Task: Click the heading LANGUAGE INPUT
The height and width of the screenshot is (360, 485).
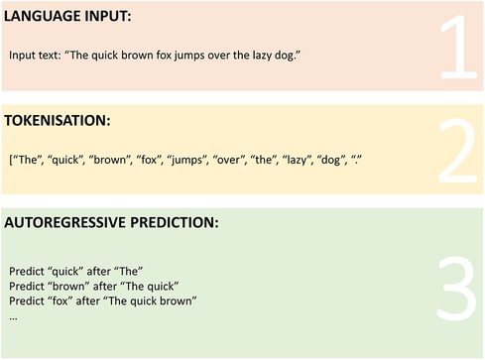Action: (65, 18)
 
